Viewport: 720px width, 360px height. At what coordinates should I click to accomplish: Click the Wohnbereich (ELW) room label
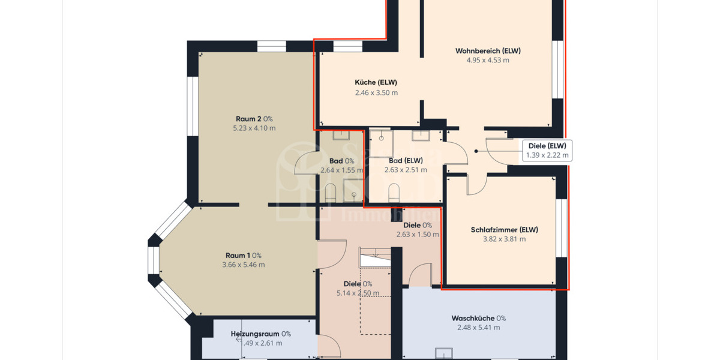tap(488, 51)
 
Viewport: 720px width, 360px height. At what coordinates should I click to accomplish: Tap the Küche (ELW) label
tap(376, 82)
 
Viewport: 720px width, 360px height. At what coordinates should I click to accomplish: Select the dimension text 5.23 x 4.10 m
tap(254, 128)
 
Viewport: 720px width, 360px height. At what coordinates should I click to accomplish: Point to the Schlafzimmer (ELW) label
tap(504, 229)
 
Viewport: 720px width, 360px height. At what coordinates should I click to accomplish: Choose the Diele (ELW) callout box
tap(547, 150)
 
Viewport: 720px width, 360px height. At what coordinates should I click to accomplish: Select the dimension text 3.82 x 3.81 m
tap(504, 239)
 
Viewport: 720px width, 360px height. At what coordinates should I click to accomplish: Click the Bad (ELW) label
tap(406, 160)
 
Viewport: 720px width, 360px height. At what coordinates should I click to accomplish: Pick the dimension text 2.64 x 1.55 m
tap(341, 170)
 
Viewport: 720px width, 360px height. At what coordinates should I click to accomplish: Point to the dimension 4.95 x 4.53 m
tap(488, 60)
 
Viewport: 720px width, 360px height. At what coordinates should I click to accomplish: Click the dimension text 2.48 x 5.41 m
tap(478, 328)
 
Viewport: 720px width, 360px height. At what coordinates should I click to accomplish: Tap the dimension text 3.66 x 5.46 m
tap(243, 265)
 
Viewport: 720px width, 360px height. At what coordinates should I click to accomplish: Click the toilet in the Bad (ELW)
tap(394, 193)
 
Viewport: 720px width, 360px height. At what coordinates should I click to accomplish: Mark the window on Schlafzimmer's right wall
tap(561, 228)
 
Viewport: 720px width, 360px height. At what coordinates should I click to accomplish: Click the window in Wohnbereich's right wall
tap(557, 69)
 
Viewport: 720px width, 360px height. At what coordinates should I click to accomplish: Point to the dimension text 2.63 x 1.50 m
tap(418, 235)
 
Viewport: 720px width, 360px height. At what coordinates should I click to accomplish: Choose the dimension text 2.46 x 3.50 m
tap(376, 92)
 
